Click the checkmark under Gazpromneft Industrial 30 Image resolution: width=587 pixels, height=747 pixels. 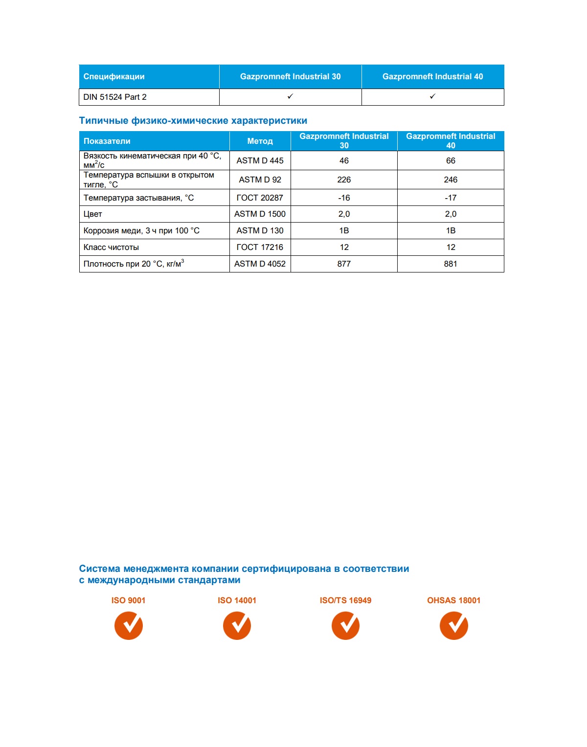click(x=290, y=97)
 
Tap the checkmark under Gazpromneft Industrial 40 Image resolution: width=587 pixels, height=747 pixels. click(x=432, y=97)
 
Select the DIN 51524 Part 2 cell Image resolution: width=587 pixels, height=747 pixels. click(x=115, y=97)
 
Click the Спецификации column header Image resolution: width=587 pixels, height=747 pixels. click(x=114, y=76)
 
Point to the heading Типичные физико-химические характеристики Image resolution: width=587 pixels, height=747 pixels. click(x=193, y=120)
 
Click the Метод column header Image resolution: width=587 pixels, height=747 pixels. click(x=260, y=141)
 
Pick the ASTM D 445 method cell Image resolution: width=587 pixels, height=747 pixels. click(x=260, y=160)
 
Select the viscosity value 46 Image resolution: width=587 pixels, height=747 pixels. click(x=344, y=160)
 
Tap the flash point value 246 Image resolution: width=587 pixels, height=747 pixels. click(x=451, y=180)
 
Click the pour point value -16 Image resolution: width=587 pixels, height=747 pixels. click(x=344, y=198)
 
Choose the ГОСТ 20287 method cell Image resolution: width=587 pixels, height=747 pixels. click(x=260, y=198)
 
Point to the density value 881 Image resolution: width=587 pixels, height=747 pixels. click(x=451, y=264)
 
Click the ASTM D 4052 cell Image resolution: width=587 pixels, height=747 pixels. click(x=260, y=264)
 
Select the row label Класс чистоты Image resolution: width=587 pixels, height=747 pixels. click(x=111, y=247)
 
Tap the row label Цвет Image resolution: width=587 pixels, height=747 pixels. click(x=93, y=214)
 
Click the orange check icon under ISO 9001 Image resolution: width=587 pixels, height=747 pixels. click(x=129, y=626)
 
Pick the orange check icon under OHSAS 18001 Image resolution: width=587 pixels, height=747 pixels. click(x=454, y=626)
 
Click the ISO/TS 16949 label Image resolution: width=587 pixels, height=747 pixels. click(x=345, y=600)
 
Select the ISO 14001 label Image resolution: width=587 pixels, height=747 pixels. click(x=237, y=600)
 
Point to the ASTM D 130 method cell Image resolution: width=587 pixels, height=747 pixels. click(x=260, y=230)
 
